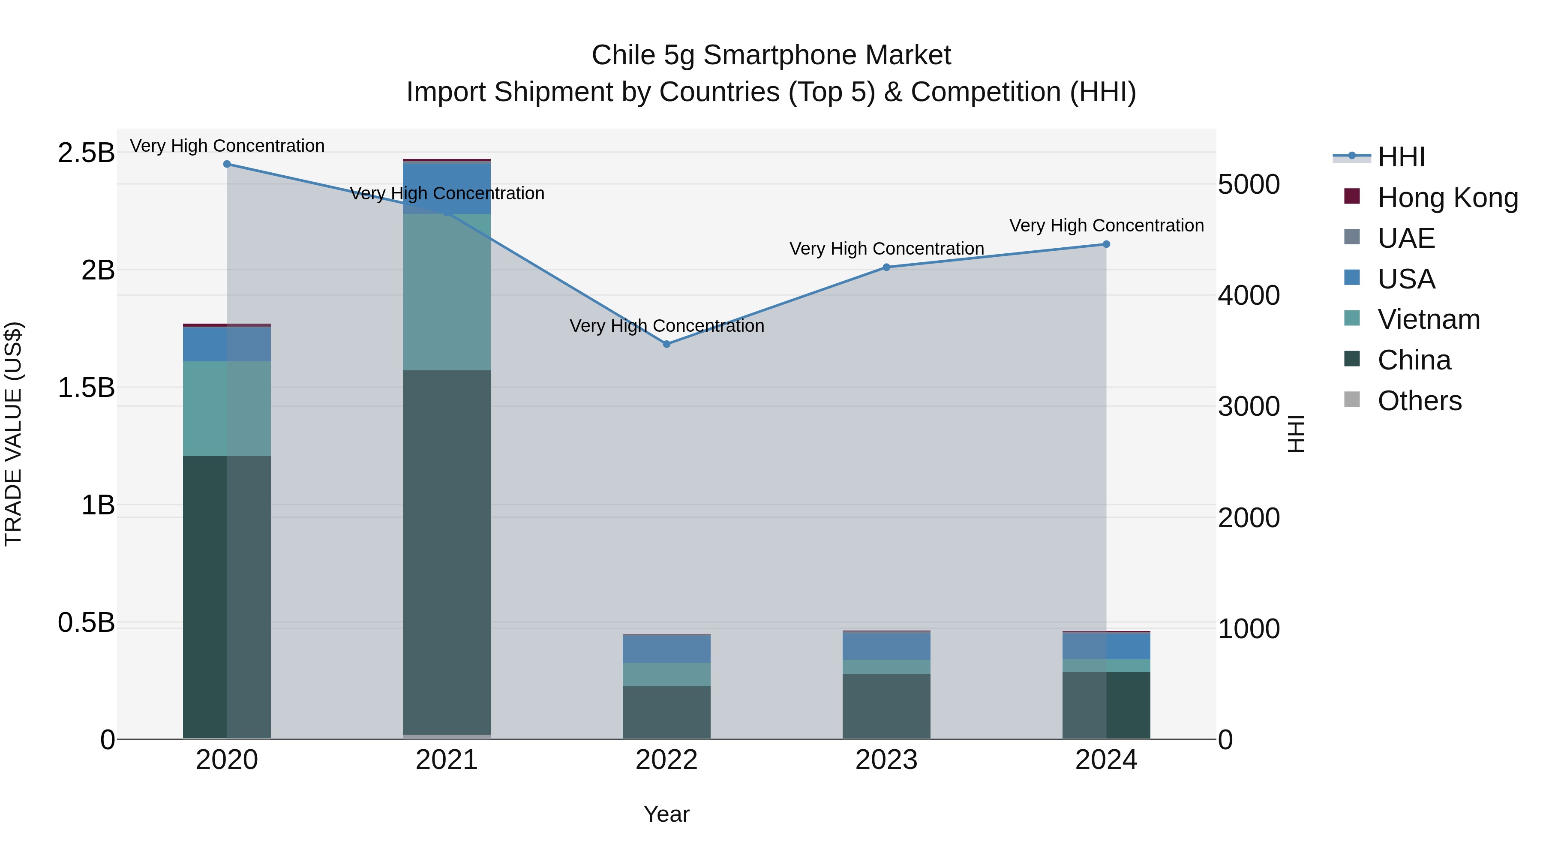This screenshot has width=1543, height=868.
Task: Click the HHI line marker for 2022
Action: tap(666, 344)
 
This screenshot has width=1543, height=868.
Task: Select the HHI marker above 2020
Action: tap(227, 164)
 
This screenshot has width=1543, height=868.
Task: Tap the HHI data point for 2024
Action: tap(1106, 244)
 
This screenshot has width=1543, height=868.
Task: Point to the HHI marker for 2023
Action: tap(886, 267)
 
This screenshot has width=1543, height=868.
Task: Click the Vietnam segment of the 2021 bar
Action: tap(447, 292)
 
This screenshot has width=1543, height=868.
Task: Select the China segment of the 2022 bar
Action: tap(666, 712)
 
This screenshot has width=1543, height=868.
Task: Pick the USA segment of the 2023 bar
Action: tap(886, 646)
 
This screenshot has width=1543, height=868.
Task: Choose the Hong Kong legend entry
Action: tap(1447, 198)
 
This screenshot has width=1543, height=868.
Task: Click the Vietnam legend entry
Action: tap(1428, 319)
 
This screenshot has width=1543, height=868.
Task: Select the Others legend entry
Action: tap(1419, 401)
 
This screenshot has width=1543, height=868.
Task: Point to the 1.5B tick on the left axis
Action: tap(86, 387)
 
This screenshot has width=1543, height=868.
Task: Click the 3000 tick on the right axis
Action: tap(1249, 407)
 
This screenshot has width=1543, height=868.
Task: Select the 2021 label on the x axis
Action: tap(447, 760)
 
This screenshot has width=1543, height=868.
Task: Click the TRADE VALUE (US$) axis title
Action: tap(13, 434)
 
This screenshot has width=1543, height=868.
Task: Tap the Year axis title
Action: tap(666, 814)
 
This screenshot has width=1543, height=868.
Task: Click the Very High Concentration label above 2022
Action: tap(666, 326)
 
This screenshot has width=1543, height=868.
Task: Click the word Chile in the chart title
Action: tap(623, 55)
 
